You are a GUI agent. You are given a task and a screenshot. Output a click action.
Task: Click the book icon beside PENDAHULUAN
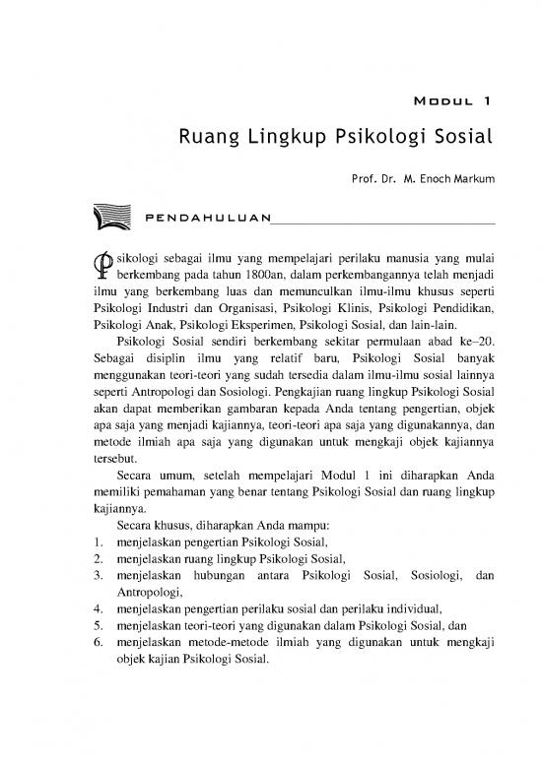pos(110,216)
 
